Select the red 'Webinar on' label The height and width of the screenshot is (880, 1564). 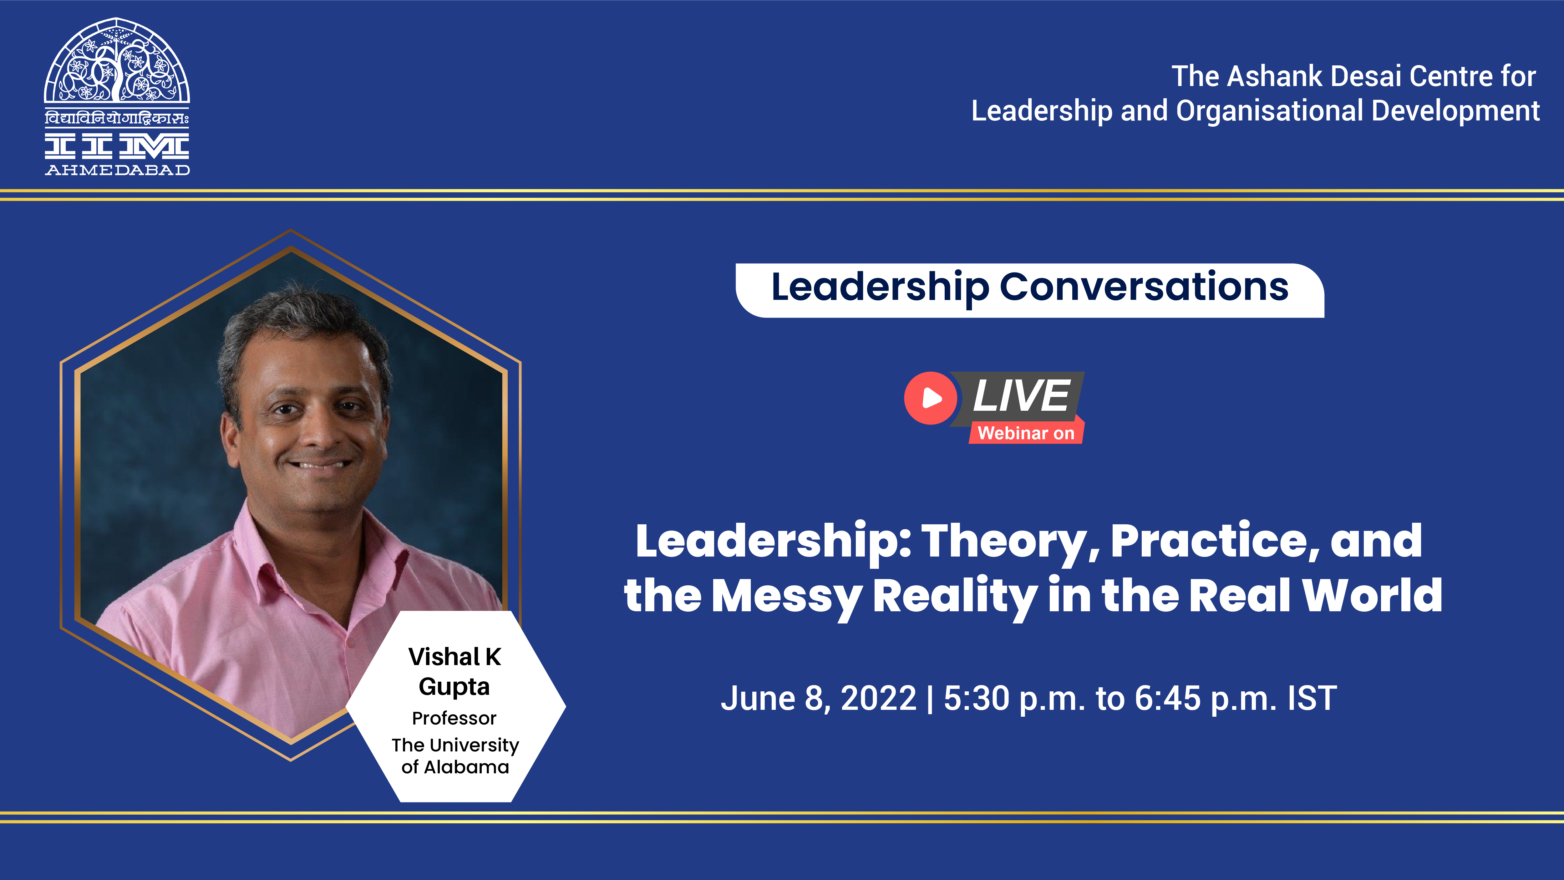(1026, 433)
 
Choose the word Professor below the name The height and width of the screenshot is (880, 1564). (454, 719)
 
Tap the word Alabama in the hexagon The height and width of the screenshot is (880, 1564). (466, 767)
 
